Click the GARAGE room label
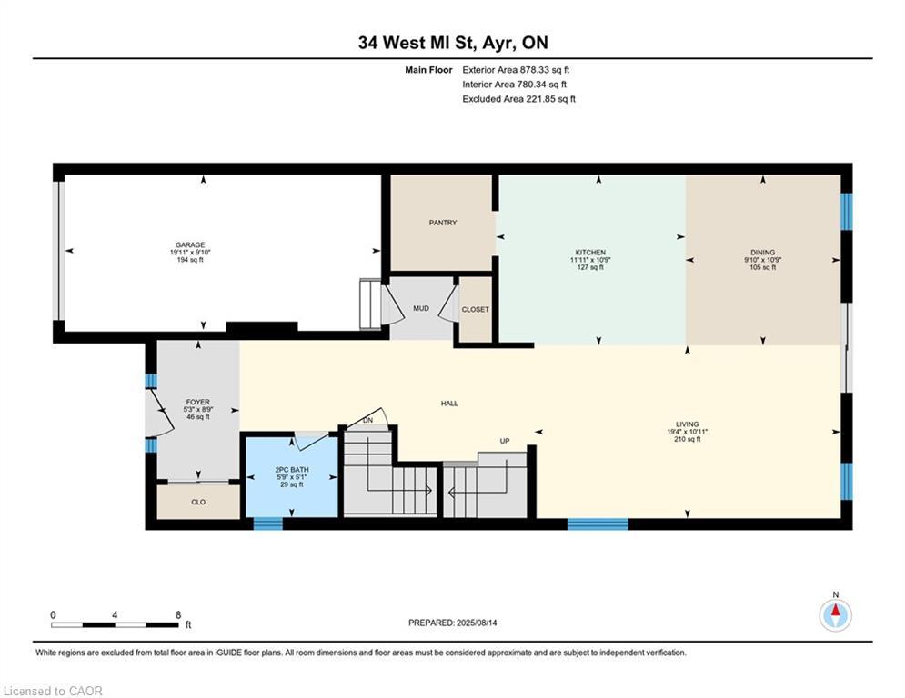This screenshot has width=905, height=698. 191,244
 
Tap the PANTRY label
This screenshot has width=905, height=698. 443,223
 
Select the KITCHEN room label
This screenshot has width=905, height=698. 590,253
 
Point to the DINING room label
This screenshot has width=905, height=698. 762,253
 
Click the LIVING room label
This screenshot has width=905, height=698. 687,424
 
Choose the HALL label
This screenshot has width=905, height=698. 449,404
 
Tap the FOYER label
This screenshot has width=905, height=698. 197,402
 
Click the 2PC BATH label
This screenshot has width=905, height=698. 288,470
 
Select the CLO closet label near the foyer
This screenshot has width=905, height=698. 197,502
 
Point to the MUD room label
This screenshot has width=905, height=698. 421,309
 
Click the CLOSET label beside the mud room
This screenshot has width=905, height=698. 475,310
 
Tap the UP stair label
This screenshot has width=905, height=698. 504,442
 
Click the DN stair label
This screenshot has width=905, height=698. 368,421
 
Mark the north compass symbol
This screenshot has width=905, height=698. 835,615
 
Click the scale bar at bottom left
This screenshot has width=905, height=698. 115,624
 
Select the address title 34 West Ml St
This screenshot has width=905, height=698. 452,43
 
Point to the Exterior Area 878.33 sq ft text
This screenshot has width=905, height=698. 516,70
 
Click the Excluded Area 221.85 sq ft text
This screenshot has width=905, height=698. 518,99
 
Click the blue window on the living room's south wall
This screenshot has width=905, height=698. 598,524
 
